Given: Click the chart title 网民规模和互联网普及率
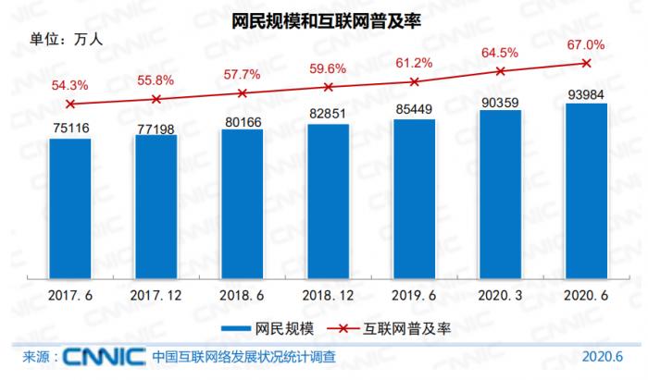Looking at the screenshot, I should tap(325, 19).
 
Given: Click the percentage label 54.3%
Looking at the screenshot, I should tap(69, 85).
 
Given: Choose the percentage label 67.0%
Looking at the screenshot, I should tap(586, 43).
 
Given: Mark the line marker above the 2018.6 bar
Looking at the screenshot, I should tap(243, 93).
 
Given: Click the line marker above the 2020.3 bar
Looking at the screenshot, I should tap(500, 70).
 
